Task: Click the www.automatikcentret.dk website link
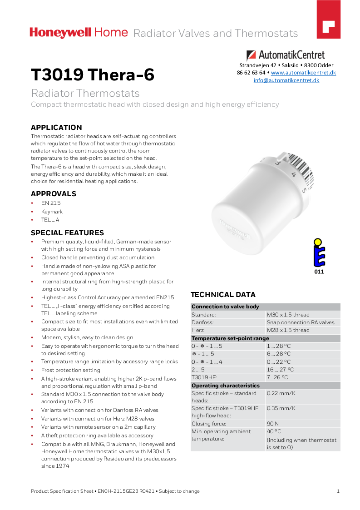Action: [x=303, y=73]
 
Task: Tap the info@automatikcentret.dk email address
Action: [x=286, y=80]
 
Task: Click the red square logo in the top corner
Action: [x=328, y=25]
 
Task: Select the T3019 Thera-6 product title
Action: [x=92, y=75]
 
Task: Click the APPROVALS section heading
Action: [x=53, y=194]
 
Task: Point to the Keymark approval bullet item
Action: [x=52, y=212]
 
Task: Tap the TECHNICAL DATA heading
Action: [x=223, y=295]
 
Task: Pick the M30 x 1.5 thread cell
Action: [x=288, y=315]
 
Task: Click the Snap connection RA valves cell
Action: [x=301, y=322]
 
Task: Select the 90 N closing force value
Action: [x=272, y=424]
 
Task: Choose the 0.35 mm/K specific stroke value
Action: [x=281, y=408]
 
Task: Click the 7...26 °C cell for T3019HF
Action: [x=277, y=377]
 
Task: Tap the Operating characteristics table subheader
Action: [x=225, y=386]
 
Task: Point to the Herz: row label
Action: [x=198, y=330]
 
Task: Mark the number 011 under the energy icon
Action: [x=319, y=272]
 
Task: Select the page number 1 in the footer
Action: [x=338, y=491]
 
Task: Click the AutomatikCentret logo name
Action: [x=291, y=55]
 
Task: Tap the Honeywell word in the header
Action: [x=60, y=33]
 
